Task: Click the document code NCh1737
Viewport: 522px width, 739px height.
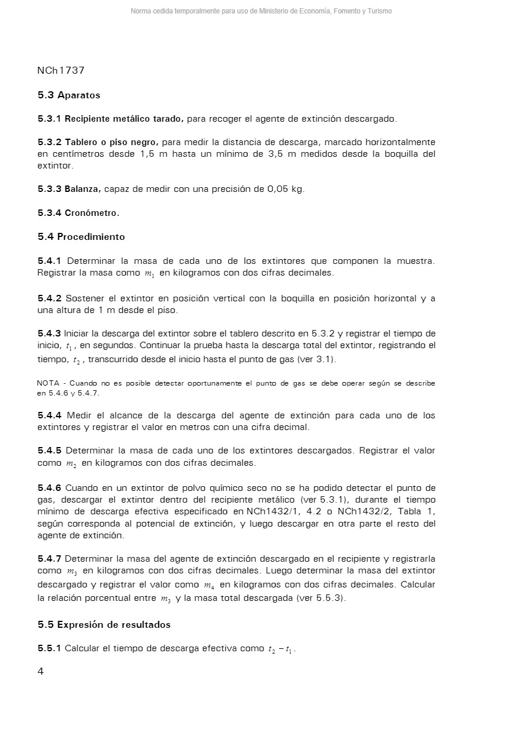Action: click(61, 71)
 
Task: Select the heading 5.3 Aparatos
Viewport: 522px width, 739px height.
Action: click(69, 95)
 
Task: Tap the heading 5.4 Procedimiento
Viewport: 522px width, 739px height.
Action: click(81, 237)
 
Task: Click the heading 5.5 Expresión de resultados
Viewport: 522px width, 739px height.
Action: click(104, 625)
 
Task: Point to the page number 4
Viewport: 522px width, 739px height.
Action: click(40, 672)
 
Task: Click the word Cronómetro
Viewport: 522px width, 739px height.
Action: click(92, 213)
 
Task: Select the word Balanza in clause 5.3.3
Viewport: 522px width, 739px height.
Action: click(83, 189)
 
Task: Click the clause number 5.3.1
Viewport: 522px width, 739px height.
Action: click(49, 119)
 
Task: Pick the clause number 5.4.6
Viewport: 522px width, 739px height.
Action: click(49, 488)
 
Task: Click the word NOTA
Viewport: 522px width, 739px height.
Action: click(47, 383)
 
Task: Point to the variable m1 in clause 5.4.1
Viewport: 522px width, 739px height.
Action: click(149, 273)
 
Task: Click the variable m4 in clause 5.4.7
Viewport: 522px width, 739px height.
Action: click(209, 585)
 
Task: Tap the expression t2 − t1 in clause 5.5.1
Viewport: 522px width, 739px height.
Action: click(281, 649)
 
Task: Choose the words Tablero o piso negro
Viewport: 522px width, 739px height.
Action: click(111, 142)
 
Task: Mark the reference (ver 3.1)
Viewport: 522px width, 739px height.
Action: click(315, 359)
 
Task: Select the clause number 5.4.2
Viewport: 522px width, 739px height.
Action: click(49, 298)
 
